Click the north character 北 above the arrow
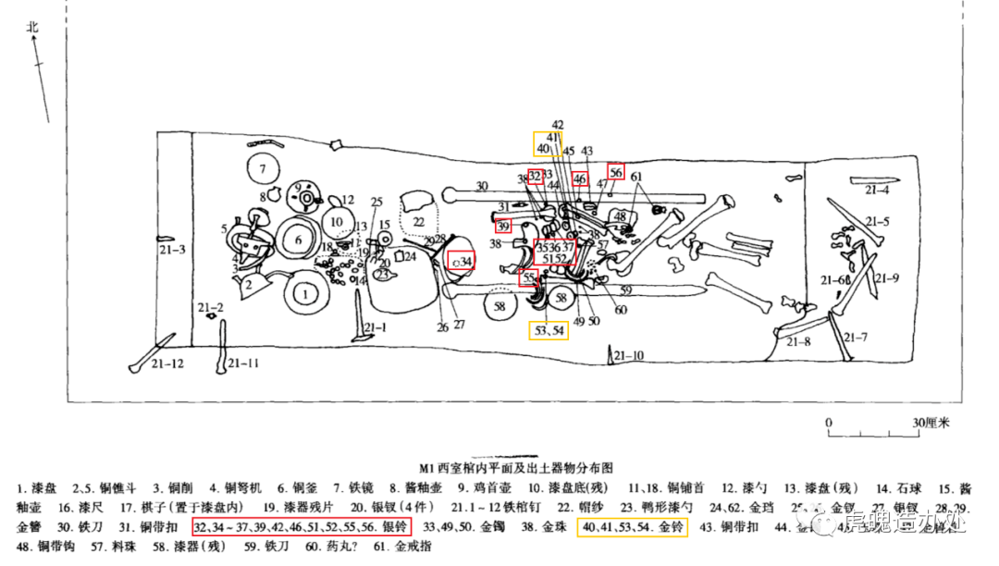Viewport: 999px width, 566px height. tap(33, 27)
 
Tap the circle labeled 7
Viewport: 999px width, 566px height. tap(263, 169)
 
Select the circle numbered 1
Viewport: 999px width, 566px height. tap(302, 295)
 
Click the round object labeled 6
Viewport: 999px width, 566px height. tap(298, 240)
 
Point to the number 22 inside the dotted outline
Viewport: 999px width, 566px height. tap(419, 222)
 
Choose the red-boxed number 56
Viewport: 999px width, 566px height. tap(616, 171)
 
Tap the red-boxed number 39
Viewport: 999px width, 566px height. tap(503, 226)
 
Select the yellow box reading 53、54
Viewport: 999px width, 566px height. tap(549, 330)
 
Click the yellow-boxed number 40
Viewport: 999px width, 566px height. tap(543, 148)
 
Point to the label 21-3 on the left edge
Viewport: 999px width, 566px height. tap(172, 250)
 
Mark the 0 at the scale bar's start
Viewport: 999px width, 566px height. tap(829, 423)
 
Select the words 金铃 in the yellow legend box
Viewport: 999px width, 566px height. tap(668, 525)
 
